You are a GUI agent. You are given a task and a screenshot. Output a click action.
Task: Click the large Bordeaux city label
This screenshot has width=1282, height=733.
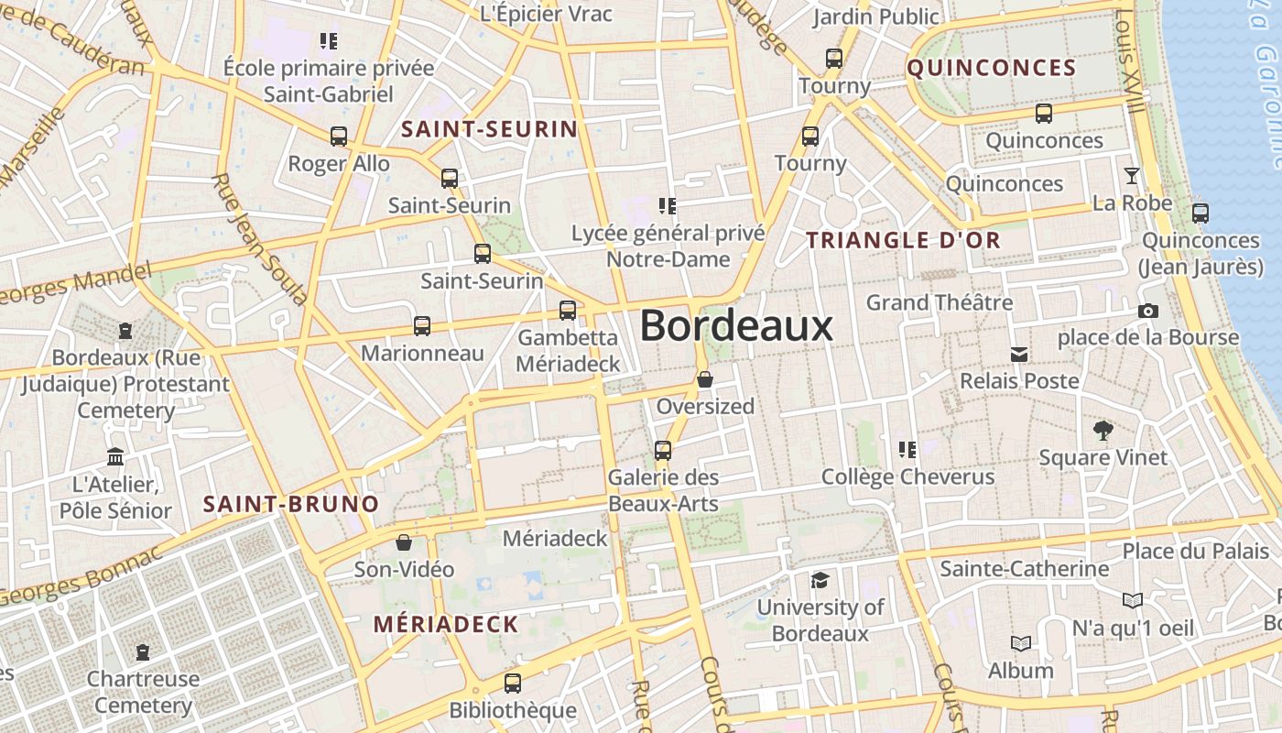pyautogui.click(x=736, y=326)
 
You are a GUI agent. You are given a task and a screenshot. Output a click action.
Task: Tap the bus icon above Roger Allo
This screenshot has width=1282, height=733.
pyautogui.click(x=339, y=137)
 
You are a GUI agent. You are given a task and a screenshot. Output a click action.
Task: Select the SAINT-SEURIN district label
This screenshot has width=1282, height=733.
pyautogui.click(x=490, y=129)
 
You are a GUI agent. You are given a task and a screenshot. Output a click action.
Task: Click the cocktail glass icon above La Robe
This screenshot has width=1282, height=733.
pyautogui.click(x=1133, y=176)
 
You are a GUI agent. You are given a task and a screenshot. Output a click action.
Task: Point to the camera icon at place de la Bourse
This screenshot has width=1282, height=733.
pyautogui.click(x=1147, y=312)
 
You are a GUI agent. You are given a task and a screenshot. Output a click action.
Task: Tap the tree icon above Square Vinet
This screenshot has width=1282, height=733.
pyautogui.click(x=1103, y=430)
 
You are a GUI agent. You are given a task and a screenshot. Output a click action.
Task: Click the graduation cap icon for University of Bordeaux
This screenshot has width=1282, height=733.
pyautogui.click(x=820, y=581)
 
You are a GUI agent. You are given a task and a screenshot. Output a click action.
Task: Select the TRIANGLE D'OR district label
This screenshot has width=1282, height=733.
pyautogui.click(x=903, y=240)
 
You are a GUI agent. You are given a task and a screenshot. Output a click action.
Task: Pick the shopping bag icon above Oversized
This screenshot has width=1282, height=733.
pyautogui.click(x=705, y=379)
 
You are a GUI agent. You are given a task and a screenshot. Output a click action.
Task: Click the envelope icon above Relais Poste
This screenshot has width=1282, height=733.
pyautogui.click(x=1018, y=354)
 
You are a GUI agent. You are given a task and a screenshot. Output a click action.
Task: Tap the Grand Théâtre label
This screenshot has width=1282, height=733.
pyautogui.click(x=940, y=302)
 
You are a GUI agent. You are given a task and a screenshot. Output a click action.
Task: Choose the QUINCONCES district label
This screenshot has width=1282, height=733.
pyautogui.click(x=992, y=68)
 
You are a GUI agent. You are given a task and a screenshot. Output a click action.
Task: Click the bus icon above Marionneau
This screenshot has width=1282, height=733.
pyautogui.click(x=422, y=325)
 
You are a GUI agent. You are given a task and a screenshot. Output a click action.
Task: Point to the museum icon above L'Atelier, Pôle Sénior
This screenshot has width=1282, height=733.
pyautogui.click(x=115, y=456)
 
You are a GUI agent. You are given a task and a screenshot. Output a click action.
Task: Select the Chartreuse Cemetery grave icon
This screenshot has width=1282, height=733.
pyautogui.click(x=143, y=652)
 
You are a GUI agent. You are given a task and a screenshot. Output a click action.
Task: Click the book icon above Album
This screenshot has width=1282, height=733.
pyautogui.click(x=1021, y=644)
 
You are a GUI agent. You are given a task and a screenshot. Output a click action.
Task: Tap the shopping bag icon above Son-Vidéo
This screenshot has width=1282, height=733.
pyautogui.click(x=404, y=542)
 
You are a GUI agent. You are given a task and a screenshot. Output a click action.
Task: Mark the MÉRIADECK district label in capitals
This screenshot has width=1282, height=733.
pyautogui.click(x=446, y=625)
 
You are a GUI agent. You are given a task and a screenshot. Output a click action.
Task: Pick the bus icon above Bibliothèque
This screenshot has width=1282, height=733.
pyautogui.click(x=513, y=683)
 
